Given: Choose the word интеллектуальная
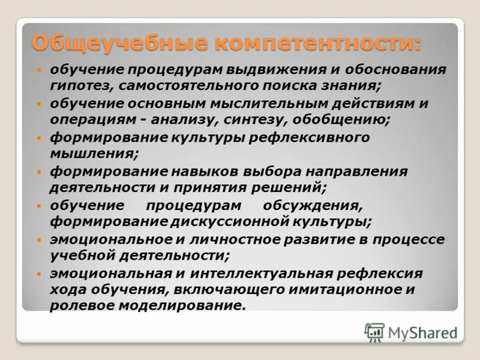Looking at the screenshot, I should pyautogui.click(x=261, y=273).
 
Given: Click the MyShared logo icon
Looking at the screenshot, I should pyautogui.click(x=374, y=332).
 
